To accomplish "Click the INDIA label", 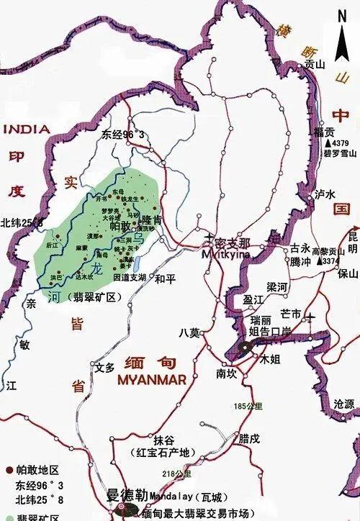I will click(x=27, y=130).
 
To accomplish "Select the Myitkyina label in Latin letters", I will click(x=225, y=254).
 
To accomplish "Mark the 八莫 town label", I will click(x=189, y=332).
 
